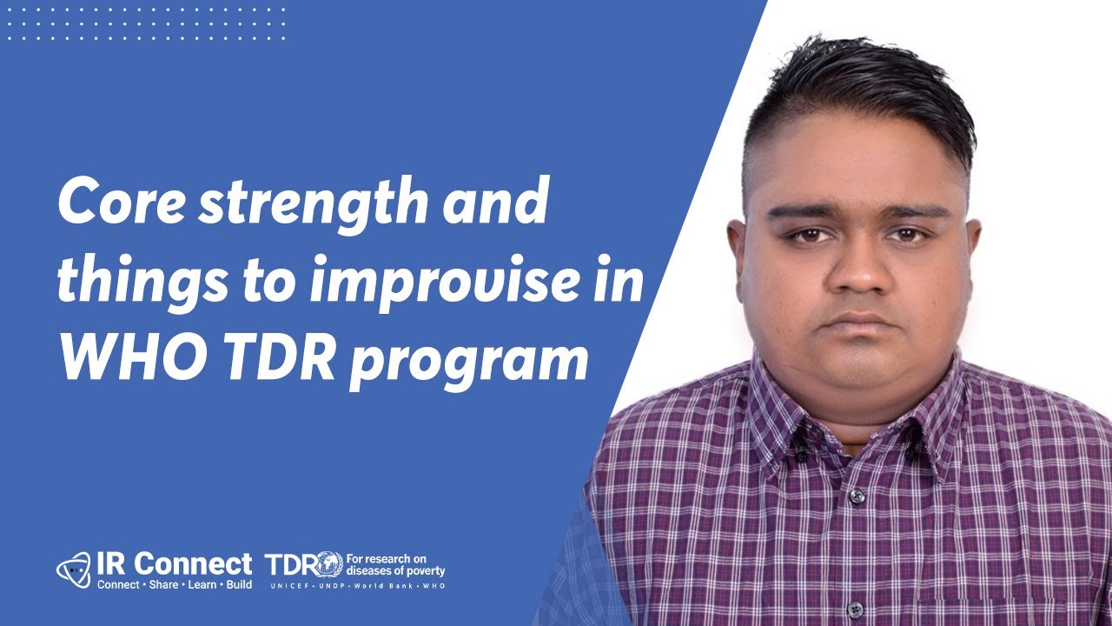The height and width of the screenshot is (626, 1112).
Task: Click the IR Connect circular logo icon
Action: pos(73,569)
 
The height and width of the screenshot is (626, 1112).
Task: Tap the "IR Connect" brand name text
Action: pos(174,563)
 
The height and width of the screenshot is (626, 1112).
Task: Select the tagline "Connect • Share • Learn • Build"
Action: pos(174,584)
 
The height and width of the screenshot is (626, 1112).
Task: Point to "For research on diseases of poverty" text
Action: pos(395,565)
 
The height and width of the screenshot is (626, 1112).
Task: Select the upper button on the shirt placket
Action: pos(857,496)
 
